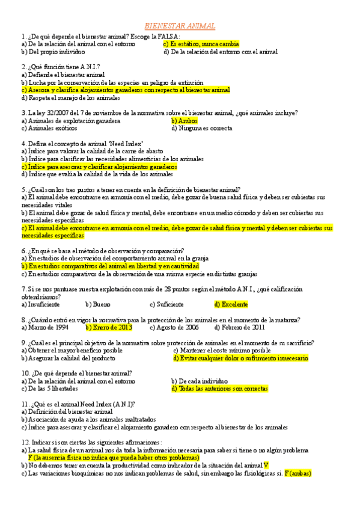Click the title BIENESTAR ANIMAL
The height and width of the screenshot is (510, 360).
click(180, 26)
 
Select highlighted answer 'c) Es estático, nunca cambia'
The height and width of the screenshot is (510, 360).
click(201, 44)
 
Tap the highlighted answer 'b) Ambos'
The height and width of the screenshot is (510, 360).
click(180, 120)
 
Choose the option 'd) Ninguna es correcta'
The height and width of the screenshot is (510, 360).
click(201, 127)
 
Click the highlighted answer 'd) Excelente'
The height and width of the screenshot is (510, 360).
click(231, 304)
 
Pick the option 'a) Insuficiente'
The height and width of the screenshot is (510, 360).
click(40, 304)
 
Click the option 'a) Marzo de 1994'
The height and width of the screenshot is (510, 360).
click(44, 328)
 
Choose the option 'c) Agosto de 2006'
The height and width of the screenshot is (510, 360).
click(174, 328)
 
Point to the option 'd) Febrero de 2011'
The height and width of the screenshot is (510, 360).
click(240, 328)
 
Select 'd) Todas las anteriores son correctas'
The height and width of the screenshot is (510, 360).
click(223, 389)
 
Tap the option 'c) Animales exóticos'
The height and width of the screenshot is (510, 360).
click(48, 127)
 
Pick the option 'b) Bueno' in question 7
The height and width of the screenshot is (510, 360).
click(98, 304)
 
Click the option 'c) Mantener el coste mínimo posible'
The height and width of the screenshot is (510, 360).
click(222, 350)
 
